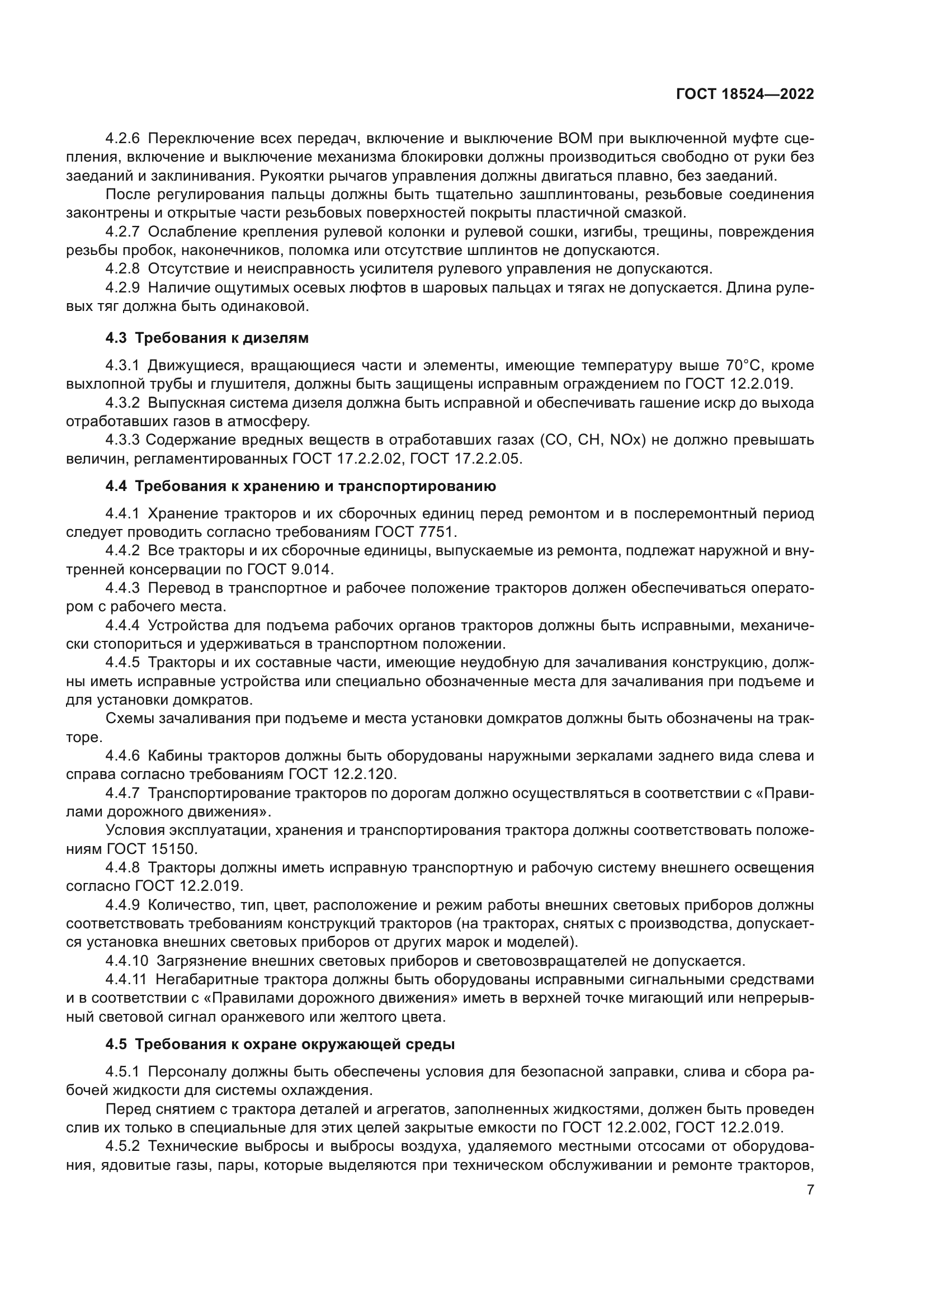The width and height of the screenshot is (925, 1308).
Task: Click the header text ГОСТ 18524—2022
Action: coord(744,95)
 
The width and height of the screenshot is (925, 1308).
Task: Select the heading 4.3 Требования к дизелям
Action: coord(207,338)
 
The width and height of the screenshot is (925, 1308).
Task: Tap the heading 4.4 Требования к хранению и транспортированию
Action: coord(300,486)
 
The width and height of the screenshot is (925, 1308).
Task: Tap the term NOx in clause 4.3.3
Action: coord(626,440)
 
